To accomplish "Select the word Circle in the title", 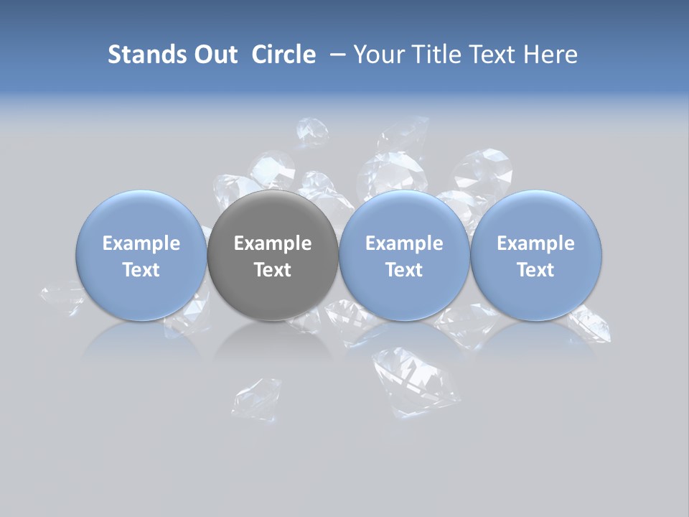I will tap(283, 55).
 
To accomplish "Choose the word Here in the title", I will tap(550, 55).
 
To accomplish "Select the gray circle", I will tap(273, 255).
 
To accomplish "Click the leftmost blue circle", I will tap(141, 255).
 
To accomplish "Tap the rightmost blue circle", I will tap(536, 255).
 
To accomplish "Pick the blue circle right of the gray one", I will tap(404, 255).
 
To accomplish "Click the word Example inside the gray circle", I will tap(273, 243).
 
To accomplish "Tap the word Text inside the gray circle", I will tap(273, 270).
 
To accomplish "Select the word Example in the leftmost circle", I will tap(141, 243).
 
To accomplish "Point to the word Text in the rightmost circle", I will tap(536, 270).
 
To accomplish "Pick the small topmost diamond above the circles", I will tap(312, 132).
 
